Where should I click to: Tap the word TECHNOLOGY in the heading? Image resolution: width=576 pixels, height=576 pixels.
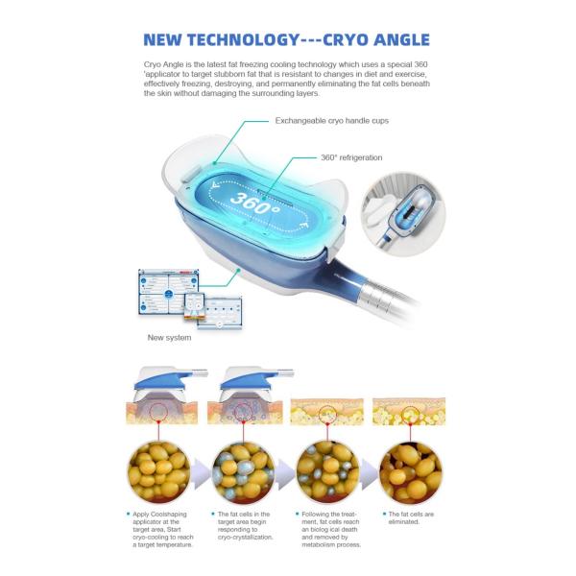[x=234, y=40]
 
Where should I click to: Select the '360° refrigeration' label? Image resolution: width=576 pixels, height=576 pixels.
[x=351, y=157]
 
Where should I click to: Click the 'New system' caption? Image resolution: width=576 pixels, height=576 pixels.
[x=169, y=337]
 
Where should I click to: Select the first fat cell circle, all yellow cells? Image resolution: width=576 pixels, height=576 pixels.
[x=158, y=470]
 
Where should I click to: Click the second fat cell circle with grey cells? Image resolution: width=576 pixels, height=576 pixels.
[x=245, y=470]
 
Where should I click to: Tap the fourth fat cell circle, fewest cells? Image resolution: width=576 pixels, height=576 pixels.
[x=410, y=470]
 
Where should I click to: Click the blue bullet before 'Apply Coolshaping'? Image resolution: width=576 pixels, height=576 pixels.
[x=130, y=515]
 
